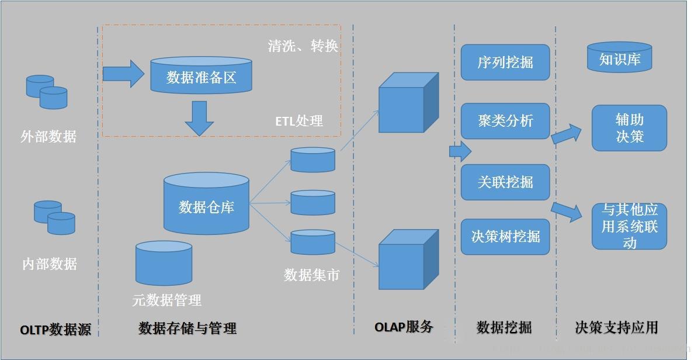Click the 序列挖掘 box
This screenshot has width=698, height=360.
[505, 63]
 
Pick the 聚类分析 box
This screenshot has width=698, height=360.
[505, 122]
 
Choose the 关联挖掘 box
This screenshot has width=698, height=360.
[505, 182]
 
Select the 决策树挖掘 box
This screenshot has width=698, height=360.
[505, 237]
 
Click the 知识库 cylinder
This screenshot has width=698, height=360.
[619, 57]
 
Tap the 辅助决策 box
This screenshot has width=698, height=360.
[629, 128]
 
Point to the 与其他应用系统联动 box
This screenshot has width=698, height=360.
[629, 226]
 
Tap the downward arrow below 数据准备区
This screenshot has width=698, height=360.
[199, 118]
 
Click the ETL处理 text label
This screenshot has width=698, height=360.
[299, 121]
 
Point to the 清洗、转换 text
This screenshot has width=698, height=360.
[303, 46]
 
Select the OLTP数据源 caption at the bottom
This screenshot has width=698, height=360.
[55, 330]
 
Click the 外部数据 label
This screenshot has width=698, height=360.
[48, 137]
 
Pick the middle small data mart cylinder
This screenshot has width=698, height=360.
[312, 202]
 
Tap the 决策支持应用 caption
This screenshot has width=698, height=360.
[616, 327]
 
